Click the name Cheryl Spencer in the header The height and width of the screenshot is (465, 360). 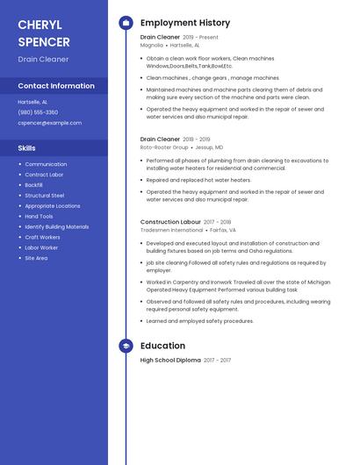pos(43,33)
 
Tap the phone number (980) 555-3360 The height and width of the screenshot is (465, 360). pos(38,112)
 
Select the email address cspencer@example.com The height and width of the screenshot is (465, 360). pos(49,123)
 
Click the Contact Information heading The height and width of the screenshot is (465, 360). pos(56,86)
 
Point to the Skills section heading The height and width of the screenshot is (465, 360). pos(26,148)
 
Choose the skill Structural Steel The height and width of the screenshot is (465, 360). pos(44,196)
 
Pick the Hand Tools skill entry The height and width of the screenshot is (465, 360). pos(39,216)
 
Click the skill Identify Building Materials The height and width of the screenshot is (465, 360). pos(56,226)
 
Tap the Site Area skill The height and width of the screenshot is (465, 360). pos(36,258)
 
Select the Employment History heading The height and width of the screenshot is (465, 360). pos(185,23)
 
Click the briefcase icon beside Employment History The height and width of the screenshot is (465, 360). pos(126,23)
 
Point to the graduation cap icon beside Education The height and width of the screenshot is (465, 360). pos(126,346)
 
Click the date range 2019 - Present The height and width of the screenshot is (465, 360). pos(200,38)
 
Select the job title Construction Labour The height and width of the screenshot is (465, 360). pos(170,222)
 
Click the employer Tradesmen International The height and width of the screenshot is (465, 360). pos(171,230)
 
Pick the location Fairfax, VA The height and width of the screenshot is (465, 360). pos(223,230)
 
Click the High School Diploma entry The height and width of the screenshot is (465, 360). pos(170,360)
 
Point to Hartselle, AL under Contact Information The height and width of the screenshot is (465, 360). pos(32,102)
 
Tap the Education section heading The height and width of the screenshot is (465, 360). pos(162,346)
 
